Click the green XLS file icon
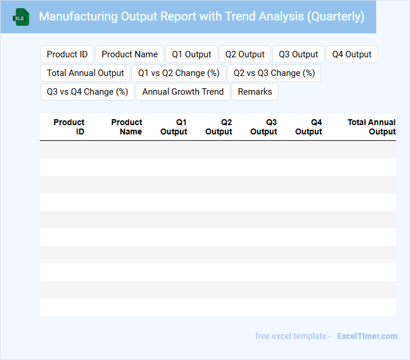coord(21,17)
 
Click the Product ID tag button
coord(67,54)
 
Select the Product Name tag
coord(130,54)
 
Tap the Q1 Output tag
coord(192,54)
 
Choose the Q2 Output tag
coord(245,54)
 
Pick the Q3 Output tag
coord(298,54)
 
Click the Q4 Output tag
coord(352,54)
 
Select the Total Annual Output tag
coord(85,73)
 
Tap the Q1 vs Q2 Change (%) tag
coord(179,73)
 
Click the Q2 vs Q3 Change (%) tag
coord(274,73)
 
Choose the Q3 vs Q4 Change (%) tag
coord(88,92)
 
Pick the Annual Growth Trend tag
coord(183,92)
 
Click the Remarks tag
coord(255,92)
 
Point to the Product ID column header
coord(70,127)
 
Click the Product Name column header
coord(127,127)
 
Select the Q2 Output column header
coord(219,127)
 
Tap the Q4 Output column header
coord(309,127)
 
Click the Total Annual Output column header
coord(372,127)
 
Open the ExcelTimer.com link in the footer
coord(367,336)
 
